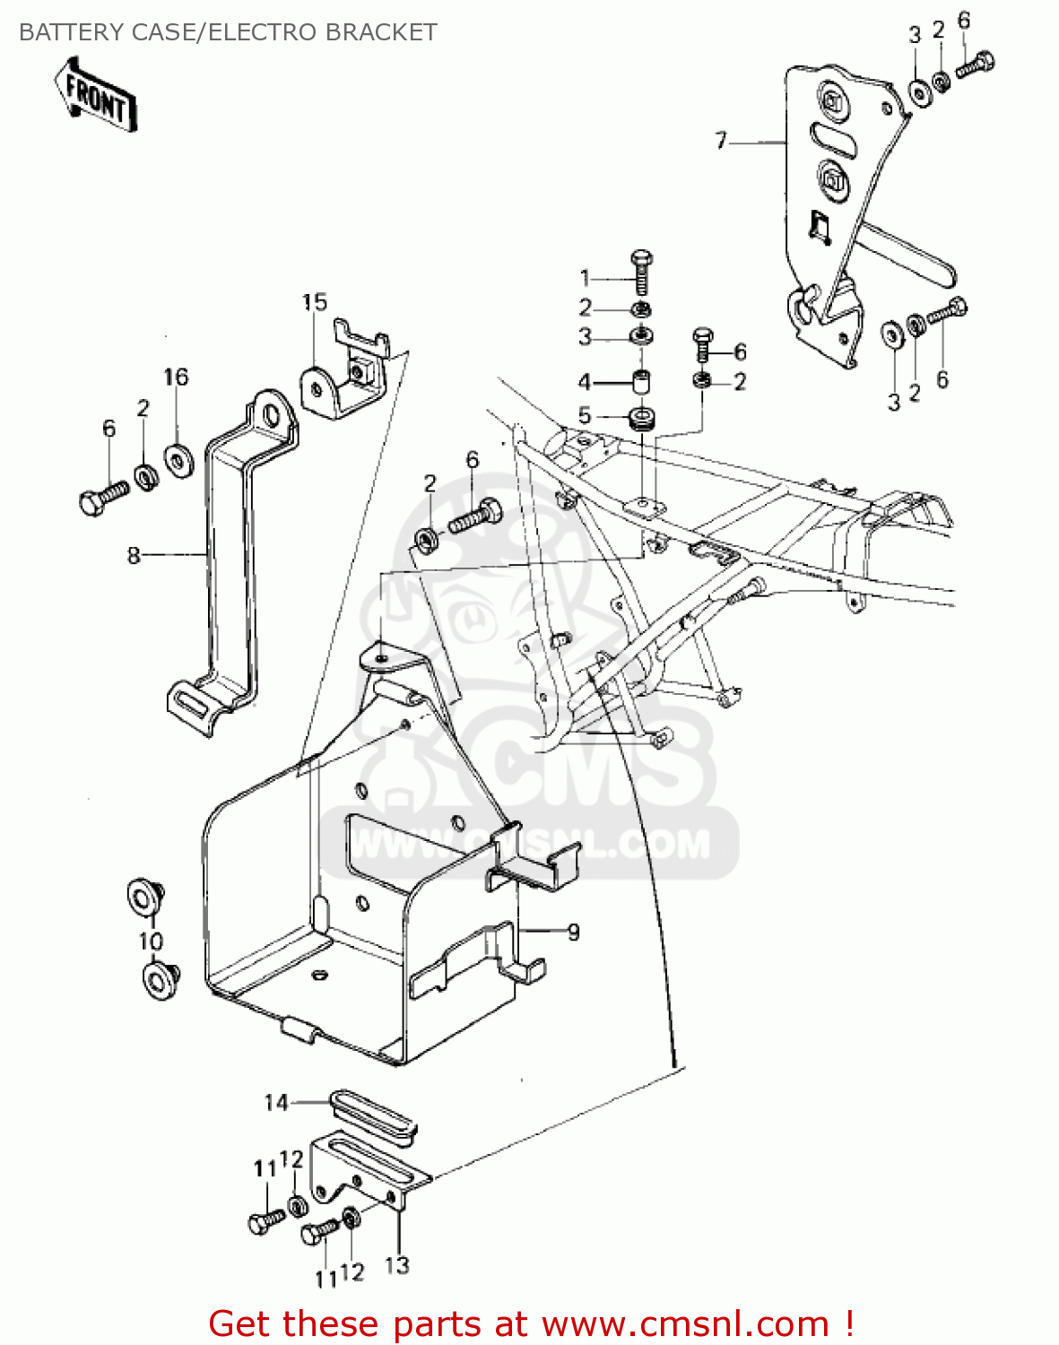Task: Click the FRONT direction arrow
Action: (x=96, y=95)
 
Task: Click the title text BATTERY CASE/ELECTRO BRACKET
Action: (x=228, y=32)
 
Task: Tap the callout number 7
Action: (x=722, y=142)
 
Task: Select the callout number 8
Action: (x=134, y=555)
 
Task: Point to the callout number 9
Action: (x=573, y=933)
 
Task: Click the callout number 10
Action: (x=150, y=941)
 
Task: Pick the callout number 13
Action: (x=397, y=1265)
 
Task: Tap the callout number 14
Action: (x=275, y=1103)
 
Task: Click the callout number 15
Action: (x=315, y=302)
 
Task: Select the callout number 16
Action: (x=176, y=377)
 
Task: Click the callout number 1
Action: (x=585, y=278)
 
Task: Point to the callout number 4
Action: (x=585, y=381)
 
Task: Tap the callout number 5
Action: (x=585, y=415)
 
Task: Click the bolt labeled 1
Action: (x=642, y=273)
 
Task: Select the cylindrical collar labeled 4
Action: (x=642, y=382)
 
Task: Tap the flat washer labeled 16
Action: (x=178, y=461)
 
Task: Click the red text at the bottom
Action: (x=531, y=1323)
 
